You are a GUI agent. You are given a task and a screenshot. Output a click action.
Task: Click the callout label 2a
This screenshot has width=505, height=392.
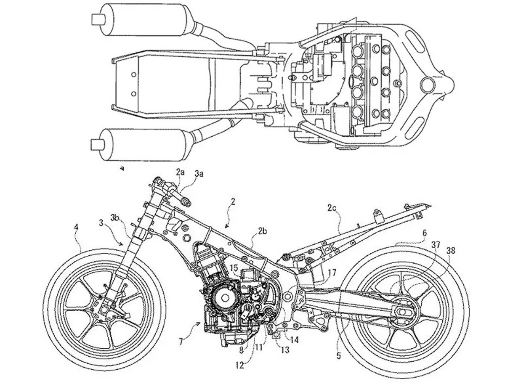point(180,172)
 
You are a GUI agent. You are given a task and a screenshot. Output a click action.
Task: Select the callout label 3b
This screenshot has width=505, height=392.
point(115,217)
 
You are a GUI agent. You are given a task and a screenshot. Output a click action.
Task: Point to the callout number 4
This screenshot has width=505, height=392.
point(76,228)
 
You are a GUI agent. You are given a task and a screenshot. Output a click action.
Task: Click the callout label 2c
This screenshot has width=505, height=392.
point(332,207)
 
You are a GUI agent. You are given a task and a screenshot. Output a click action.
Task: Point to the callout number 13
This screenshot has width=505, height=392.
point(285,350)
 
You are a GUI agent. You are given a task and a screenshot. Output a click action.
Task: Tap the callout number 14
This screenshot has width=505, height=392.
point(294,340)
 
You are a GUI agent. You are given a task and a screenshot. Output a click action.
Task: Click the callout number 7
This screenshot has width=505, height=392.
point(181,342)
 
